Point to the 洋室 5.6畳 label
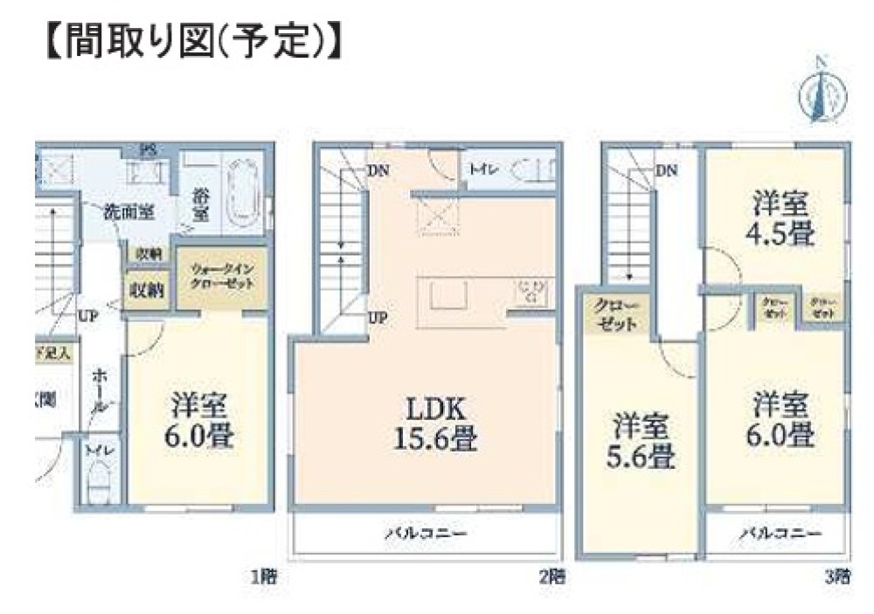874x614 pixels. (x=640, y=442)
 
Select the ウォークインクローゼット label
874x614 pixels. (x=222, y=278)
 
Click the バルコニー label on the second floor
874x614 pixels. (x=426, y=532)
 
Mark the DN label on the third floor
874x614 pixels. (x=666, y=171)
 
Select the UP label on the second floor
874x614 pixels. (x=378, y=318)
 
